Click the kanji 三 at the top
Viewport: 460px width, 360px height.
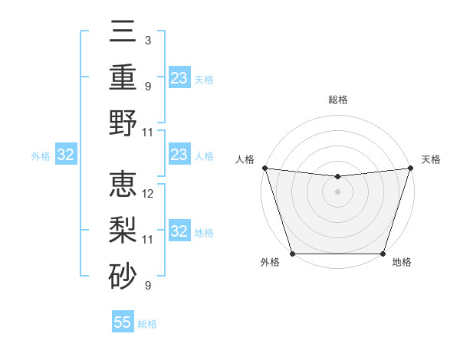point(123,33)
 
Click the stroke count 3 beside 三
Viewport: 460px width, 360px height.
point(147,40)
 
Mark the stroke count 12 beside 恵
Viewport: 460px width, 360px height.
point(148,194)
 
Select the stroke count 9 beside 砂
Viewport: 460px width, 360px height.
point(147,286)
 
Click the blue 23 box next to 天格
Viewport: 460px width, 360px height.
point(179,78)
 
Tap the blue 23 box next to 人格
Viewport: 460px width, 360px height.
point(179,155)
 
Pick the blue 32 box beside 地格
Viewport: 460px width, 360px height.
point(179,231)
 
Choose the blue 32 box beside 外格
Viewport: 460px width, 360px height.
point(66,155)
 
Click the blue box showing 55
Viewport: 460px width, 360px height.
point(123,322)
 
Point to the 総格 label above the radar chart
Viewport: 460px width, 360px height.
point(337,100)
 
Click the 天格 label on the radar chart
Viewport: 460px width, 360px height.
point(432,159)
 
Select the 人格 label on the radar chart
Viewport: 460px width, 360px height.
point(245,159)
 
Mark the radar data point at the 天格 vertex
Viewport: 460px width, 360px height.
point(411,168)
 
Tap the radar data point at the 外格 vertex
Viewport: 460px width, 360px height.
point(292,254)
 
